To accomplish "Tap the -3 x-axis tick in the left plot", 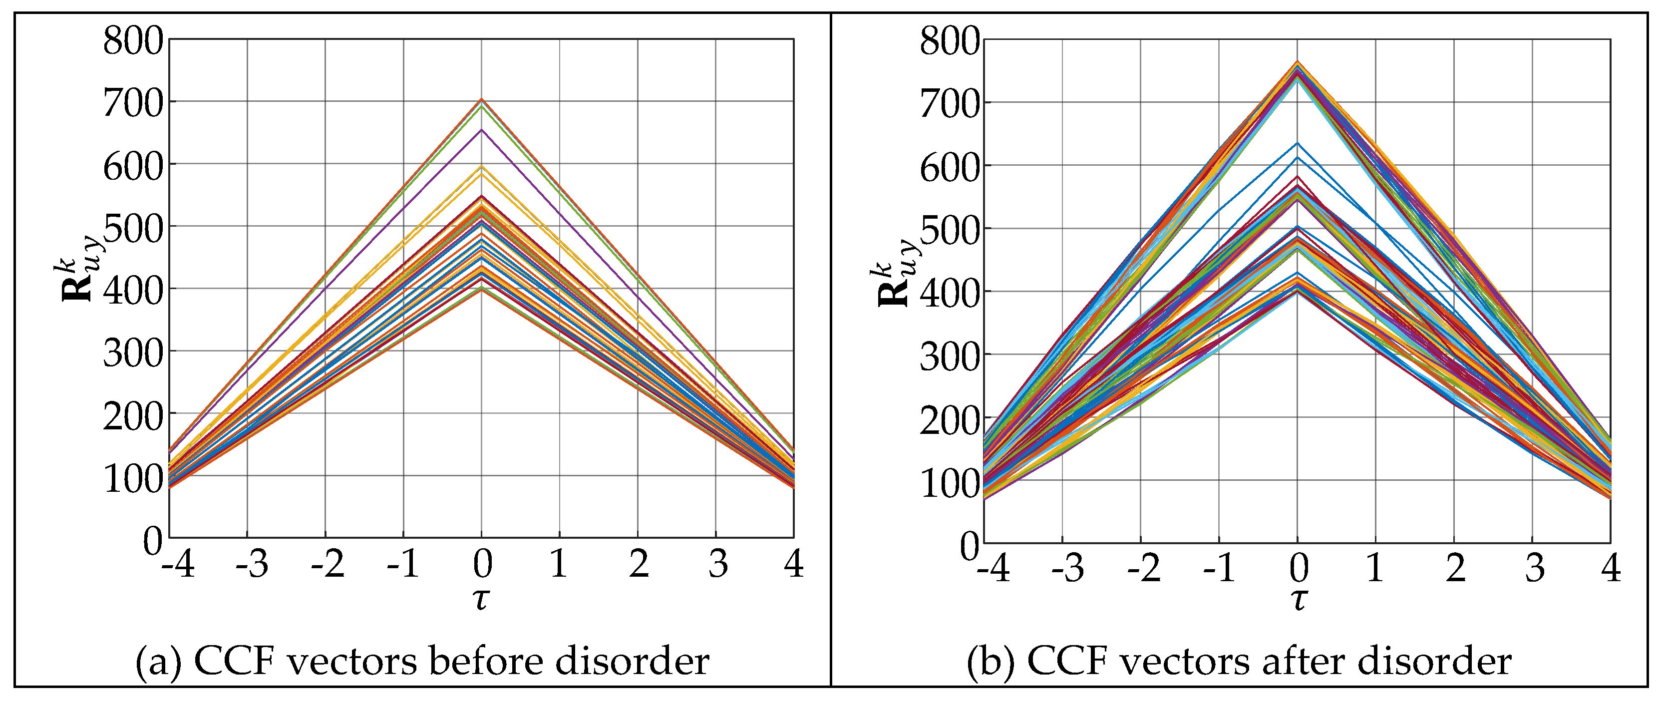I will [252, 564].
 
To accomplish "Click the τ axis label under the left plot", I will [481, 599].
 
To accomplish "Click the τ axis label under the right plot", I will [1298, 600].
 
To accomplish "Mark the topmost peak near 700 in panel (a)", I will [481, 100].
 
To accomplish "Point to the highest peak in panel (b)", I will [1298, 62].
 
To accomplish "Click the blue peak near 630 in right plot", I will [1298, 143].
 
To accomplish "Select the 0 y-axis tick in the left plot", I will [153, 541].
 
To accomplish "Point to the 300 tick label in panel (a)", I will [133, 353].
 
